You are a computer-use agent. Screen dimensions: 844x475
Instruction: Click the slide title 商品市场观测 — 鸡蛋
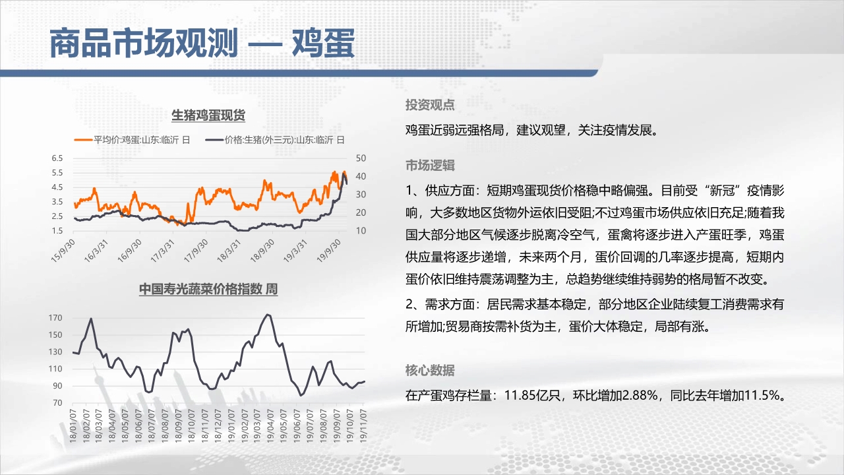pyautogui.click(x=202, y=44)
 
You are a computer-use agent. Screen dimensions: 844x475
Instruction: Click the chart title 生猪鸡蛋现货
pyautogui.click(x=208, y=115)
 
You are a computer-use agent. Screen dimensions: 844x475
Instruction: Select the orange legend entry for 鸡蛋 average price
pyautogui.click(x=133, y=140)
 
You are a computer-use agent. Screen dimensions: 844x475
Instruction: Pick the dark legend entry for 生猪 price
pyautogui.click(x=275, y=140)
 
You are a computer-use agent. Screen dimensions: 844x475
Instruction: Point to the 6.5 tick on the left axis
pyautogui.click(x=57, y=158)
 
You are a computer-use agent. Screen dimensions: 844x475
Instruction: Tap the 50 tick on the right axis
pyautogui.click(x=361, y=158)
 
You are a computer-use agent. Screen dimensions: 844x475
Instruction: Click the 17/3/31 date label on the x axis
pyautogui.click(x=163, y=251)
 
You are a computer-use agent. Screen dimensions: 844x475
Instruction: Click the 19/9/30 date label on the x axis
pyautogui.click(x=329, y=251)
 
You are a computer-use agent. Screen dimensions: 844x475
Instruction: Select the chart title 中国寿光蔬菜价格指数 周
pyautogui.click(x=208, y=289)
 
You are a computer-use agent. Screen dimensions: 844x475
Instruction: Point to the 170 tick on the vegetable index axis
pyautogui.click(x=55, y=318)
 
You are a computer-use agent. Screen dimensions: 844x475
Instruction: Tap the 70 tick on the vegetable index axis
pyautogui.click(x=57, y=402)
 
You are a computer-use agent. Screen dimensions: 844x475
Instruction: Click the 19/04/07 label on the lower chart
pyautogui.click(x=270, y=426)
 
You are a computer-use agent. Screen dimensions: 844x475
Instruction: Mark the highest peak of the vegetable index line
pyautogui.click(x=268, y=315)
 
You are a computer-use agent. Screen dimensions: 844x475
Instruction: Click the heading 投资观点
pyautogui.click(x=430, y=105)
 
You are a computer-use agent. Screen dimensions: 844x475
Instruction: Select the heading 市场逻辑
pyautogui.click(x=430, y=165)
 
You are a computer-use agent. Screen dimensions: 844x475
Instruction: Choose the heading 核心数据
pyautogui.click(x=430, y=370)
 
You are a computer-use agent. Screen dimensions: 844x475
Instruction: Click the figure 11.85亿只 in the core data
pyautogui.click(x=532, y=395)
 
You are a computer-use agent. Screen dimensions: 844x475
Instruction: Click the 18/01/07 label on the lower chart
pyautogui.click(x=73, y=426)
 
